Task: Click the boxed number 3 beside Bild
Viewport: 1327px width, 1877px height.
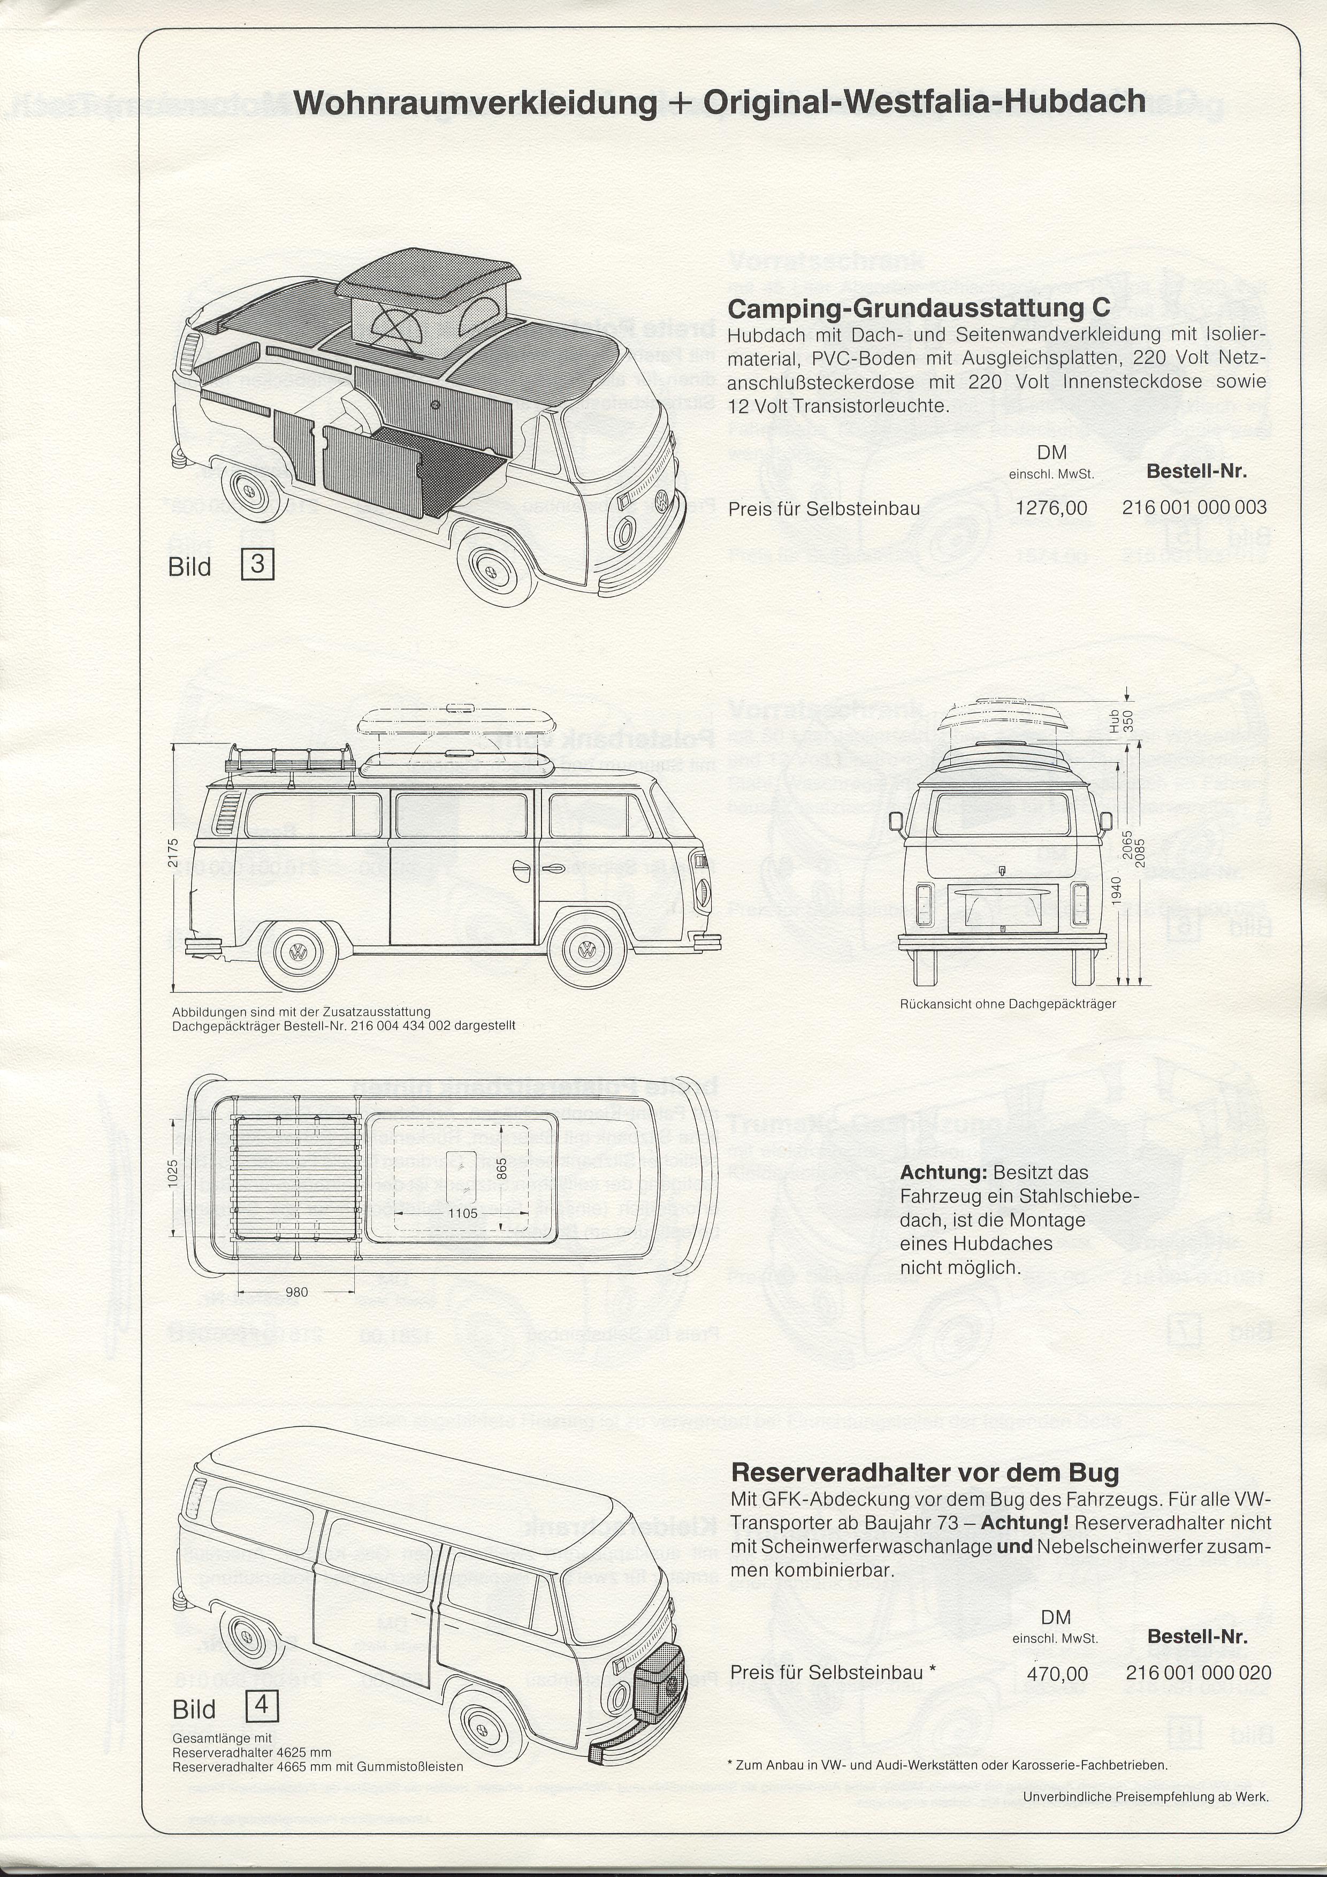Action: point(257,565)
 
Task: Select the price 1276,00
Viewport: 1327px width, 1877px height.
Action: point(1051,508)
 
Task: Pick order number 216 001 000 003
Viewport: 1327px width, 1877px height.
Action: point(1194,507)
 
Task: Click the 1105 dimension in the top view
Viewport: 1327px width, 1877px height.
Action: point(462,1213)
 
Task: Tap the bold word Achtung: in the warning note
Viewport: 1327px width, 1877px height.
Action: point(944,1172)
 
